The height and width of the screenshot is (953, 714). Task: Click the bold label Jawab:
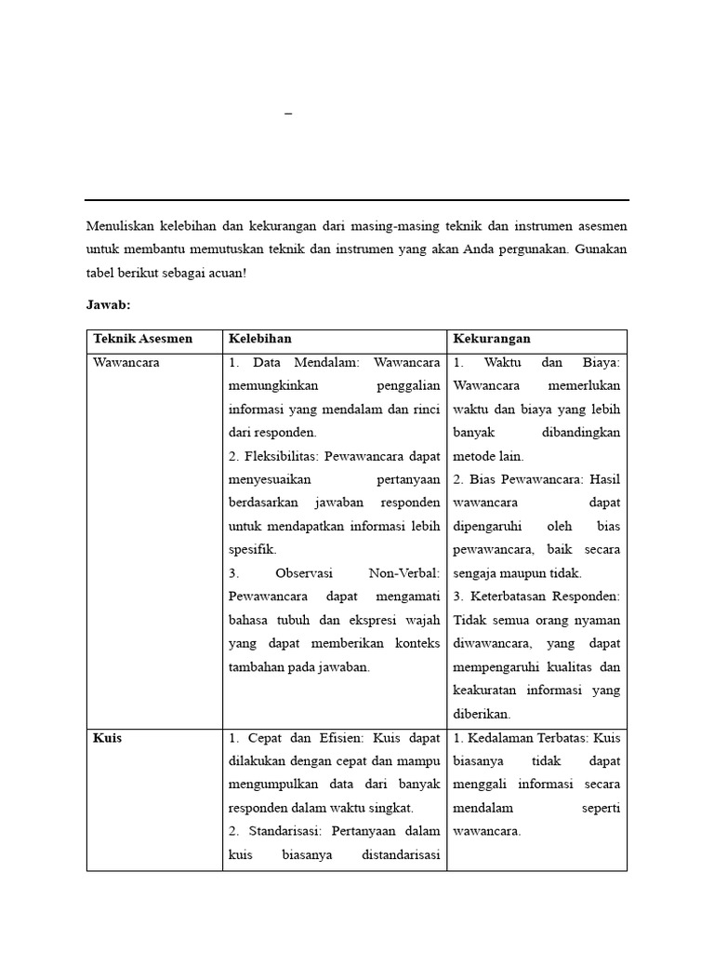click(x=108, y=304)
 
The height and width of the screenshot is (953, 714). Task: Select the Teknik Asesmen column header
click(x=142, y=339)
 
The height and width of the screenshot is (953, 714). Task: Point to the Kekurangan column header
click(x=492, y=339)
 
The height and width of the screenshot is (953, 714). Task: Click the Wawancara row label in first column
click(x=126, y=363)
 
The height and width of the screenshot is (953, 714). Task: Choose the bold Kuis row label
click(x=108, y=738)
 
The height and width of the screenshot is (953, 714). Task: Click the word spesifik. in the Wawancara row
click(x=252, y=550)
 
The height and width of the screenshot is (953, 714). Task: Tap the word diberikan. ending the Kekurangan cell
click(x=483, y=714)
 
